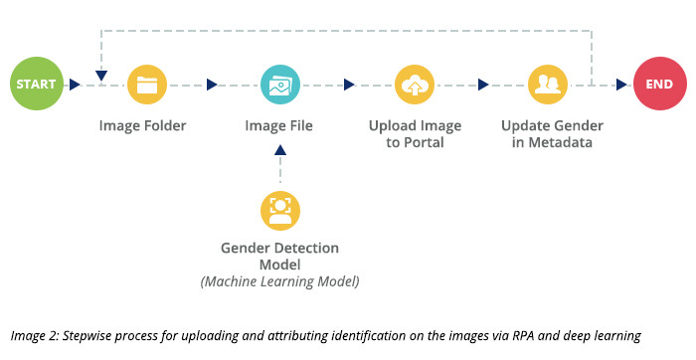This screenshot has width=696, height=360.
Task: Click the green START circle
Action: point(36,85)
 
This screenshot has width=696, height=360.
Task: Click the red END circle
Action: point(659,85)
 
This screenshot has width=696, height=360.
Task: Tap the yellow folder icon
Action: point(147,85)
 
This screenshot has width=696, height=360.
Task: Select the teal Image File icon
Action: point(279,85)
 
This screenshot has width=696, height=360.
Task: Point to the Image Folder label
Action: point(142,126)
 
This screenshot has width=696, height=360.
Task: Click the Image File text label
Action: point(279,126)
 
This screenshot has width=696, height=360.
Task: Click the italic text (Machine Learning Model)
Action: point(279,281)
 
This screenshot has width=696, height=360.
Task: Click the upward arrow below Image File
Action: point(279,150)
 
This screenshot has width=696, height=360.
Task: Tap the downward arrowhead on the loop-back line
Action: point(102,75)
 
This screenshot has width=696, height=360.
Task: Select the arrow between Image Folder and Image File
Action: point(212,85)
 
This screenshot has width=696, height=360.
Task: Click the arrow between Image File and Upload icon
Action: point(349,85)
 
